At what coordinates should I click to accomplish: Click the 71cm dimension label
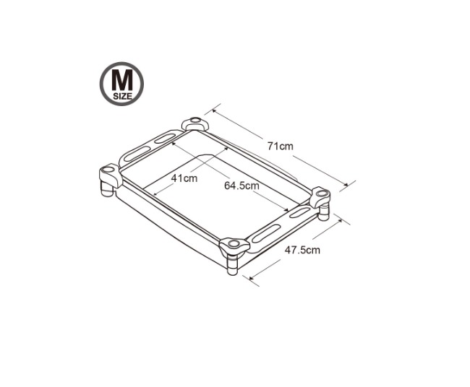[x=281, y=147]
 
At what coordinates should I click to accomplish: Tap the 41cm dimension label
[x=184, y=178]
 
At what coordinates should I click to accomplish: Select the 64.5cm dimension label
[x=242, y=186]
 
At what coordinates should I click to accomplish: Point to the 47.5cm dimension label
[x=302, y=250]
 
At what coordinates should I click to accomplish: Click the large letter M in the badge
[x=121, y=81]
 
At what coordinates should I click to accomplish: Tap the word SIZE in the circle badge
[x=122, y=96]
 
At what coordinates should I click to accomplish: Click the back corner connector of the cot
[x=195, y=123]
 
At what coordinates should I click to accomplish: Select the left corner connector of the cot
[x=110, y=175]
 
